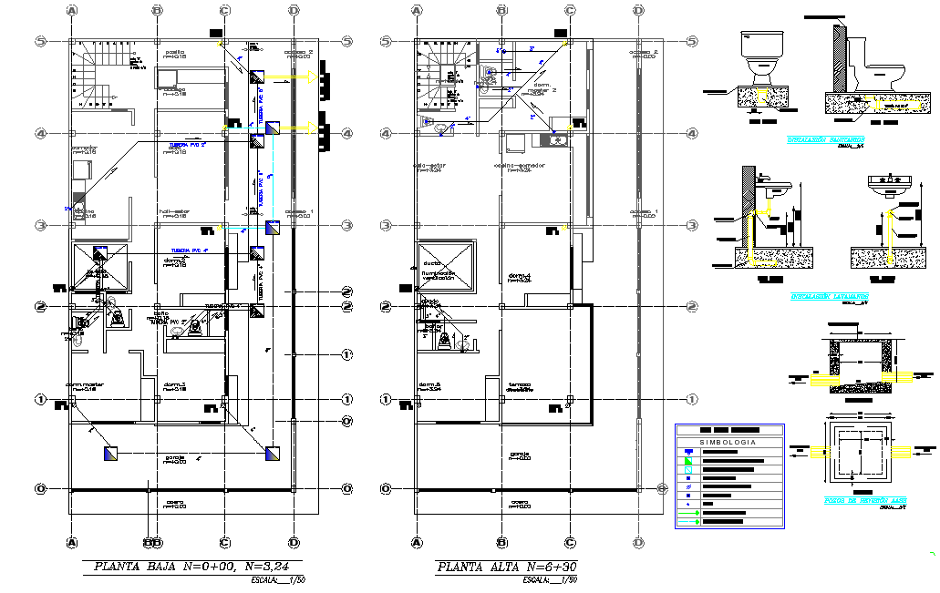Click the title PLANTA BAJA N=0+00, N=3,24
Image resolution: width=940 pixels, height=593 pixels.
pyautogui.click(x=197, y=567)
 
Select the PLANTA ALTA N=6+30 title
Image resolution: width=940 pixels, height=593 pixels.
pyautogui.click(x=507, y=567)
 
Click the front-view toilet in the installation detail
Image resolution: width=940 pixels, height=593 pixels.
pyautogui.click(x=759, y=56)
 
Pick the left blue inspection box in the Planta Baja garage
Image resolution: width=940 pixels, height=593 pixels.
pyautogui.click(x=110, y=453)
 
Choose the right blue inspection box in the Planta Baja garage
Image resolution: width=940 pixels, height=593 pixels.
pyautogui.click(x=273, y=453)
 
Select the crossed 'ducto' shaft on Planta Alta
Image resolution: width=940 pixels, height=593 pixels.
pyautogui.click(x=446, y=268)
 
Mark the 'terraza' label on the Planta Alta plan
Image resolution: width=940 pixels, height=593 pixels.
pyautogui.click(x=521, y=384)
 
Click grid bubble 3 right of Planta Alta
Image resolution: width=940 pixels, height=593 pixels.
pyautogui.click(x=692, y=225)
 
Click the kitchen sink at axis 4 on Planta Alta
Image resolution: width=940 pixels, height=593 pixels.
pyautogui.click(x=553, y=139)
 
